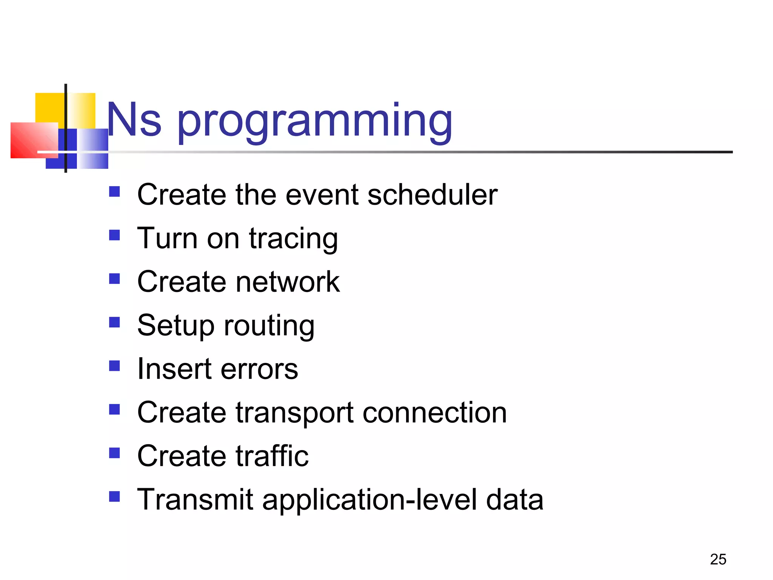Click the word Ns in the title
134,120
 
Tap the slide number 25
718,559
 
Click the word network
288,282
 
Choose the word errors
259,369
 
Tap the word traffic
272,456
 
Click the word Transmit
195,500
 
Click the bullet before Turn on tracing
114,235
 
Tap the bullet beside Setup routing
114,322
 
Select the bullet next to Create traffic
114,453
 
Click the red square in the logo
32,140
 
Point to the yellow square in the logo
51,108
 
